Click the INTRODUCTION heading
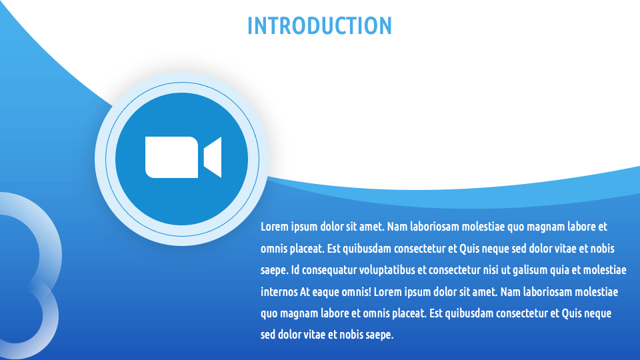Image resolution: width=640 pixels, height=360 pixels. (319, 25)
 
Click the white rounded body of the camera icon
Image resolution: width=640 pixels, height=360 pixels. (171, 157)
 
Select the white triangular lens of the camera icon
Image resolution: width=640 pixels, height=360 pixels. (213, 157)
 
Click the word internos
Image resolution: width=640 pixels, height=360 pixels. (279, 292)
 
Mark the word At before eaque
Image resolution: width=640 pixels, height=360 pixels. (305, 292)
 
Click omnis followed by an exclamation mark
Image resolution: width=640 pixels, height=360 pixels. (360, 292)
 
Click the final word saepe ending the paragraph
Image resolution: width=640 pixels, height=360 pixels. (381, 335)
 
